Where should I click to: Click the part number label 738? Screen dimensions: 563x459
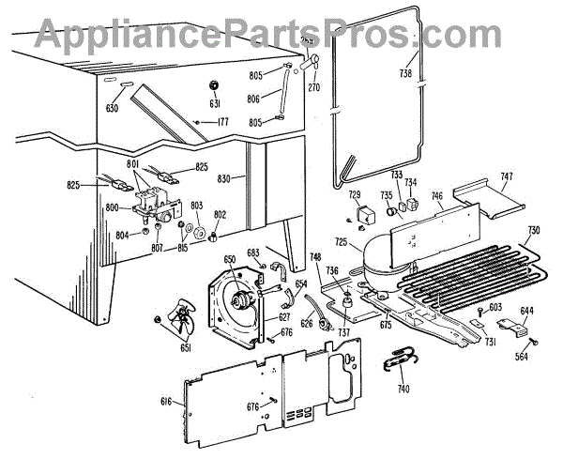coord(405,72)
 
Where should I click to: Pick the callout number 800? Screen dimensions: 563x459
coord(114,207)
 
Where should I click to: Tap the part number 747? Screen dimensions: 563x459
coord(506,176)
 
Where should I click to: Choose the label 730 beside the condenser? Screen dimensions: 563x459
coord(533,230)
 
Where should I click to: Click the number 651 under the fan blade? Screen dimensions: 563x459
coord(160,349)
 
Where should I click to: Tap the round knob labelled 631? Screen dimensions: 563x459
coord(215,86)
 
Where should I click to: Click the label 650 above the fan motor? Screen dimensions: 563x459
coord(230,258)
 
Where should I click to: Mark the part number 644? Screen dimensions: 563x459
coord(527,311)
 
